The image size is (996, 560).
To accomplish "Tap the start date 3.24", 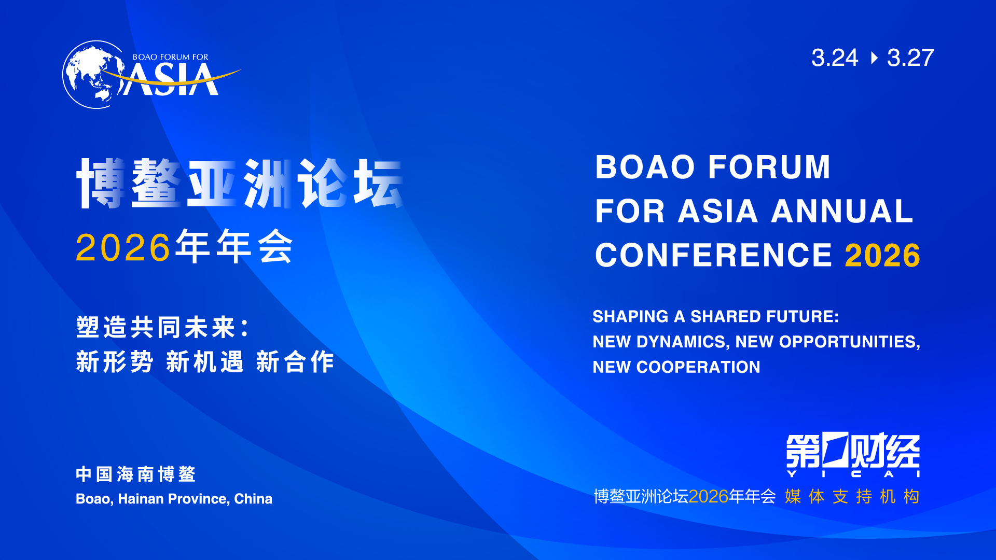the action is coord(835,58).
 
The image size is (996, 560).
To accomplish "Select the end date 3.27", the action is coord(910,58).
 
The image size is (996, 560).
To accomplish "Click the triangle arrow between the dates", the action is coord(875,58).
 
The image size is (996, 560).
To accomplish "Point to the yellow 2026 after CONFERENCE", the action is coord(882,255).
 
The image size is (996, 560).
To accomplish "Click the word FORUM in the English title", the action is coord(769,167).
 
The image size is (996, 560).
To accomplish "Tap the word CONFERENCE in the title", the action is coord(714,255).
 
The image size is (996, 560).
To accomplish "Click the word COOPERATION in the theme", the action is coord(698,367).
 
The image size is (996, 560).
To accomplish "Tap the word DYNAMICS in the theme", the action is coord(682,342).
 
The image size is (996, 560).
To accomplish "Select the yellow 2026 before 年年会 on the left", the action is coord(123,248).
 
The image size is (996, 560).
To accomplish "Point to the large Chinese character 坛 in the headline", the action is coord(378,183).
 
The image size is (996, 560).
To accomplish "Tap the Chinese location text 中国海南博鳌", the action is coord(135,474).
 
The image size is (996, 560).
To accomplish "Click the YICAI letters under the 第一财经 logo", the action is coord(853,474).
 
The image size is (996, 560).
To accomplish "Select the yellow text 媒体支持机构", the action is coord(852,497).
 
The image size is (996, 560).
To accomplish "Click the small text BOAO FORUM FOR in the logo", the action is coord(170,57).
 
